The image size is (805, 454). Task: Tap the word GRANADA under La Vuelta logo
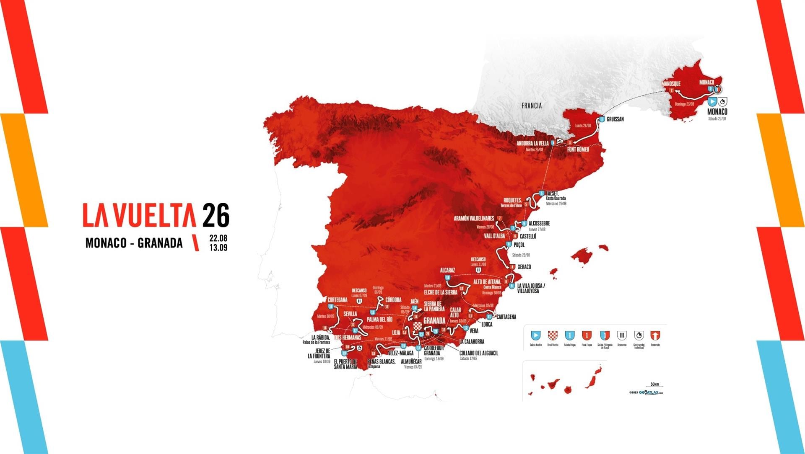pyautogui.click(x=160, y=243)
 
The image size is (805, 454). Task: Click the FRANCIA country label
pyautogui.click(x=531, y=106)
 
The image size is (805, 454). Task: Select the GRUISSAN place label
pyautogui.click(x=615, y=119)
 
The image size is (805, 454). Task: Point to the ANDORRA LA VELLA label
pyautogui.click(x=532, y=143)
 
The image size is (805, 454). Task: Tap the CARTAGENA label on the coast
pyautogui.click(x=506, y=317)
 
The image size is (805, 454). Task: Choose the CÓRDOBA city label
pyautogui.click(x=393, y=300)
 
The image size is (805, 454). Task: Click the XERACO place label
pyautogui.click(x=524, y=267)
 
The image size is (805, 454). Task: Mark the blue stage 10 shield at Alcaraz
pyautogui.click(x=448, y=278)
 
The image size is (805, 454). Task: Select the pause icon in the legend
pyautogui.click(x=622, y=335)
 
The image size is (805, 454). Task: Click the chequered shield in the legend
pyautogui.click(x=553, y=335)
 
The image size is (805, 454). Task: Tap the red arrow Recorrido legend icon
pyautogui.click(x=655, y=335)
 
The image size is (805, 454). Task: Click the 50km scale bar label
pyautogui.click(x=654, y=384)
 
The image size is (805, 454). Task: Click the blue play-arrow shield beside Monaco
pyautogui.click(x=712, y=102)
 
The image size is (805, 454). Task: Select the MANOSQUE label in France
pyautogui.click(x=671, y=84)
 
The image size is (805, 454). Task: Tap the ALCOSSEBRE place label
pyautogui.click(x=539, y=223)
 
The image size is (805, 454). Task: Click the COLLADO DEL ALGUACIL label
pyautogui.click(x=478, y=353)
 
